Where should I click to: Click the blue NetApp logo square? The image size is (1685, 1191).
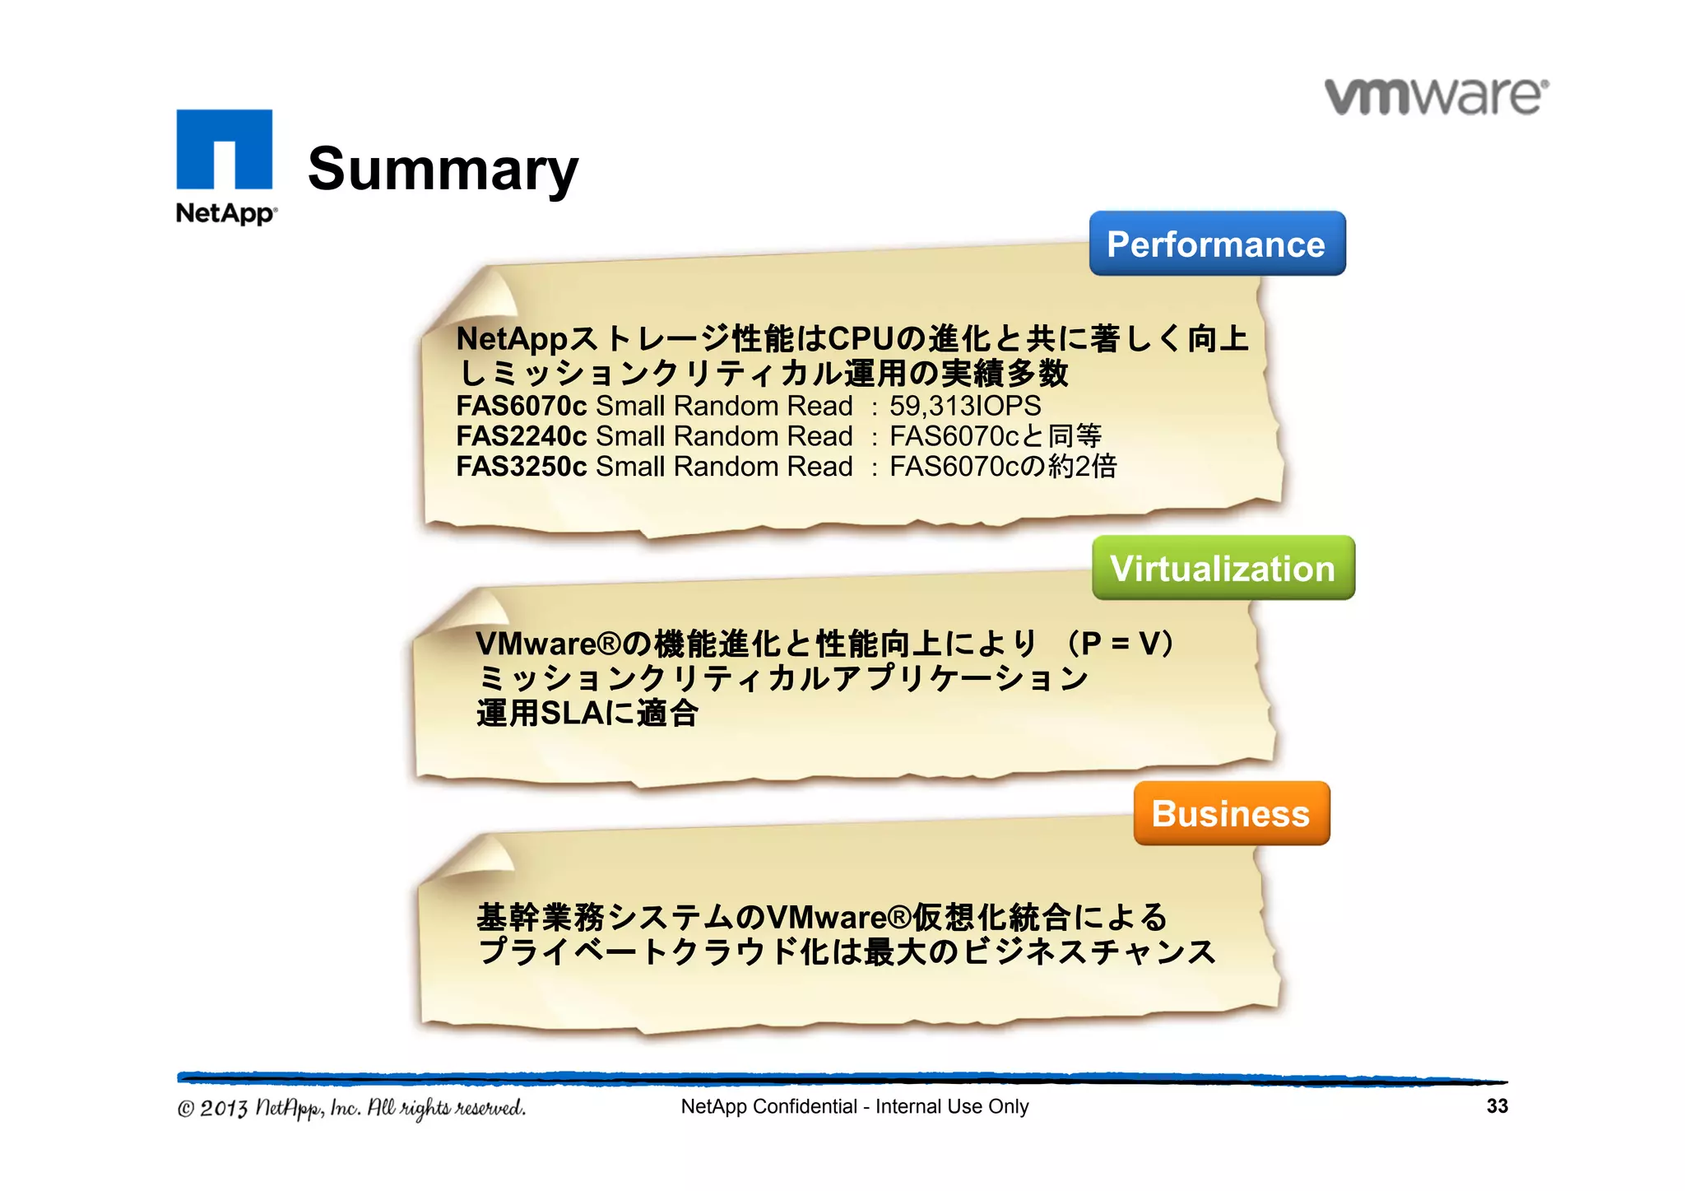[x=224, y=149]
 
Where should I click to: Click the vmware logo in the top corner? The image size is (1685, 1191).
[x=1436, y=97]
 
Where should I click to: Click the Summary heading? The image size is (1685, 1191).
[x=443, y=169]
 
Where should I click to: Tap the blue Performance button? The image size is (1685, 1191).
[x=1216, y=244]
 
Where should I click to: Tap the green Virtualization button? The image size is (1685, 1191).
[x=1223, y=568]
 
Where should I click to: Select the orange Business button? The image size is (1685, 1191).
[x=1231, y=813]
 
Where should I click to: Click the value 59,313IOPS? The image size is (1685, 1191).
[x=964, y=406]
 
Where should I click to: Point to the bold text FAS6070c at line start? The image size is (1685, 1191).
[x=521, y=406]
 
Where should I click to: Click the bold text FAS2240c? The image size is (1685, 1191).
[x=521, y=436]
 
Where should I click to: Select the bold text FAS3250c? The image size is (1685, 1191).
[x=521, y=467]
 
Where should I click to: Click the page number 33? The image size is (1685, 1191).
[x=1497, y=1106]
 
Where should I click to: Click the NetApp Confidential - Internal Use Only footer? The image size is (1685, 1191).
[x=854, y=1106]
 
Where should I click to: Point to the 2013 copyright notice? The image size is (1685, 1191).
[x=351, y=1108]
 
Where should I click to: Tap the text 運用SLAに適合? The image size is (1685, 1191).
[x=587, y=713]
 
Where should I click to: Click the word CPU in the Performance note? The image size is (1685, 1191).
[x=861, y=338]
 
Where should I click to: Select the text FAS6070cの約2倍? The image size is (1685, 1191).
[x=1002, y=467]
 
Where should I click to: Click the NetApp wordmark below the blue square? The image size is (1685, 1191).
[x=225, y=213]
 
